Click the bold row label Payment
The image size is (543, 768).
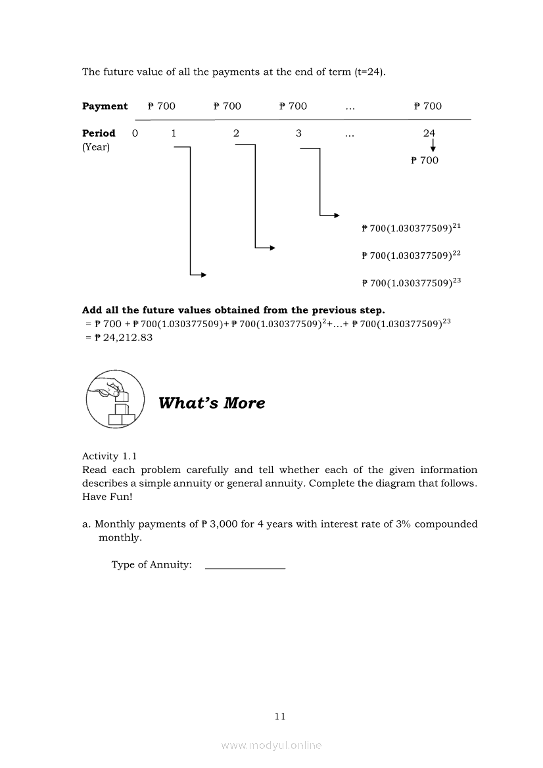pos(105,106)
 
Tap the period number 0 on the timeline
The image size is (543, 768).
pos(135,133)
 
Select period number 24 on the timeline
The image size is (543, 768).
pos(429,133)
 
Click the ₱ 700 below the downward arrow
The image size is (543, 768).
pos(425,160)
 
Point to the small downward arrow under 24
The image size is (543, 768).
pos(433,145)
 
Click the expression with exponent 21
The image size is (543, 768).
pos(411,228)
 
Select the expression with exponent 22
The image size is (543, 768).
pos(411,255)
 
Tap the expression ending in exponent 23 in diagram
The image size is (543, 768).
pos(411,282)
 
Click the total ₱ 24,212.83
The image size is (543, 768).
pos(124,338)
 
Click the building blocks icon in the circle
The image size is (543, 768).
pos(116,399)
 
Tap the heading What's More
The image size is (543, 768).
pos(212,403)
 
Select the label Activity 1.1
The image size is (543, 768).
pos(109,457)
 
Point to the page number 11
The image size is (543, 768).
pos(280,717)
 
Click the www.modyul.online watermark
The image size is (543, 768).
pos(271,746)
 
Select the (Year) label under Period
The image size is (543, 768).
pos(96,147)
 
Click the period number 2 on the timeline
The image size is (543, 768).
pos(236,133)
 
